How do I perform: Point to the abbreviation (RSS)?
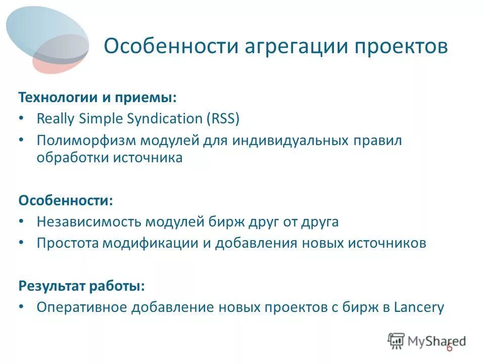222,119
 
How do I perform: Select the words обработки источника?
109,158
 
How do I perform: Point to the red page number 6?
449,349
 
